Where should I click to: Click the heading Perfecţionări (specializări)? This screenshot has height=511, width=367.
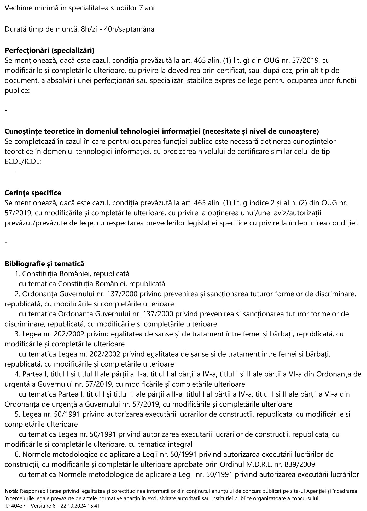point(50,50)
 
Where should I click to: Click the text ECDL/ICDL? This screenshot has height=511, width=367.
point(23,162)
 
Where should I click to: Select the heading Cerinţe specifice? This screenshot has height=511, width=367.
point(33,193)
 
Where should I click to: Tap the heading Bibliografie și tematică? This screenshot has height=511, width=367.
point(44,264)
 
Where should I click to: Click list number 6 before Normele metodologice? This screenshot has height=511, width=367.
point(17,454)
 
